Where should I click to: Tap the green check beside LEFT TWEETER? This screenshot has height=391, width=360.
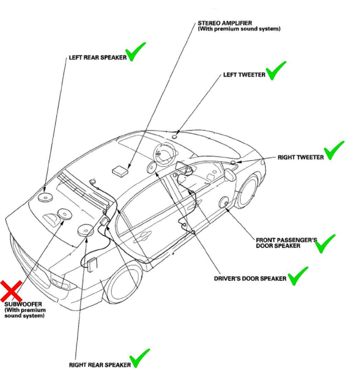tap(275, 70)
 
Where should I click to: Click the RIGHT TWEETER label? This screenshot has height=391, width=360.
tap(301, 157)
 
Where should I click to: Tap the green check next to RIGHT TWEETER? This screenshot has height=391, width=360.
tap(334, 150)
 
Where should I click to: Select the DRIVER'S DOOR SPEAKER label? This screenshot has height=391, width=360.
tap(250, 278)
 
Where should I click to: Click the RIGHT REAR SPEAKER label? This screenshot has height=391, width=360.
tap(100, 365)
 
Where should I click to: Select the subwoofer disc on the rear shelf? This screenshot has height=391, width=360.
tap(64, 214)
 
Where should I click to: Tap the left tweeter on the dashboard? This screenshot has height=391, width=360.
tap(175, 136)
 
